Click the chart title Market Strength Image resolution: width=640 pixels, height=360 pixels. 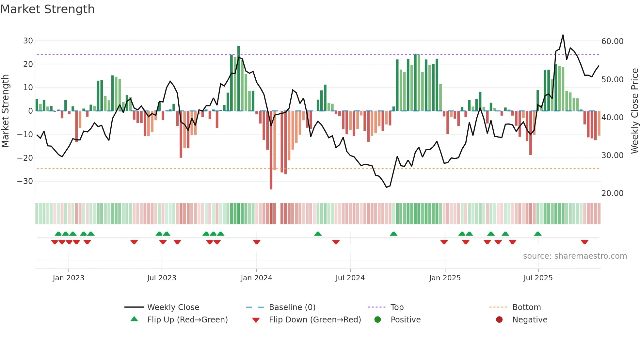point(47,9)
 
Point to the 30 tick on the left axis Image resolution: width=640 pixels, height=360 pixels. point(28,41)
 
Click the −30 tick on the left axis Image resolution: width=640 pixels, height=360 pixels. point(25,181)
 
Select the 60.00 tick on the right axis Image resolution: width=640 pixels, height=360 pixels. point(612,41)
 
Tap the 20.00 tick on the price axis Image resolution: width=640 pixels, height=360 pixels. point(612,193)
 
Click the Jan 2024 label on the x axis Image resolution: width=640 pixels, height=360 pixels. point(256,278)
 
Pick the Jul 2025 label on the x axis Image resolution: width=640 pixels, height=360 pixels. point(538,278)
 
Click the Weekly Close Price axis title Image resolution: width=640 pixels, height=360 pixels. point(634,111)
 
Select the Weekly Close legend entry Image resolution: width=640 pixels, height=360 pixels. point(173,307)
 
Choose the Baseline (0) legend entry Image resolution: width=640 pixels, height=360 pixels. point(292,307)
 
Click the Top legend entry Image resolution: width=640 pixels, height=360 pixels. point(397,307)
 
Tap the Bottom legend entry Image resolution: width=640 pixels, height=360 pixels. point(526,307)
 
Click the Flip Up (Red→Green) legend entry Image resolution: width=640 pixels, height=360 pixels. point(187,320)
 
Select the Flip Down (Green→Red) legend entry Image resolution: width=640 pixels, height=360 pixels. point(314,320)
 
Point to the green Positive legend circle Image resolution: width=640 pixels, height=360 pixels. point(377,320)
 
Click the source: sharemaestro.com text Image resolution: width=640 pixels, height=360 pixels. point(575,256)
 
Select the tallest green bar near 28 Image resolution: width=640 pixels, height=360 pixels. point(239,78)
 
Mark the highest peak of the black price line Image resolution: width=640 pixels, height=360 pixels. point(563,35)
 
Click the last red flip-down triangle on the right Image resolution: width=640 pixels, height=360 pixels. point(584,242)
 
